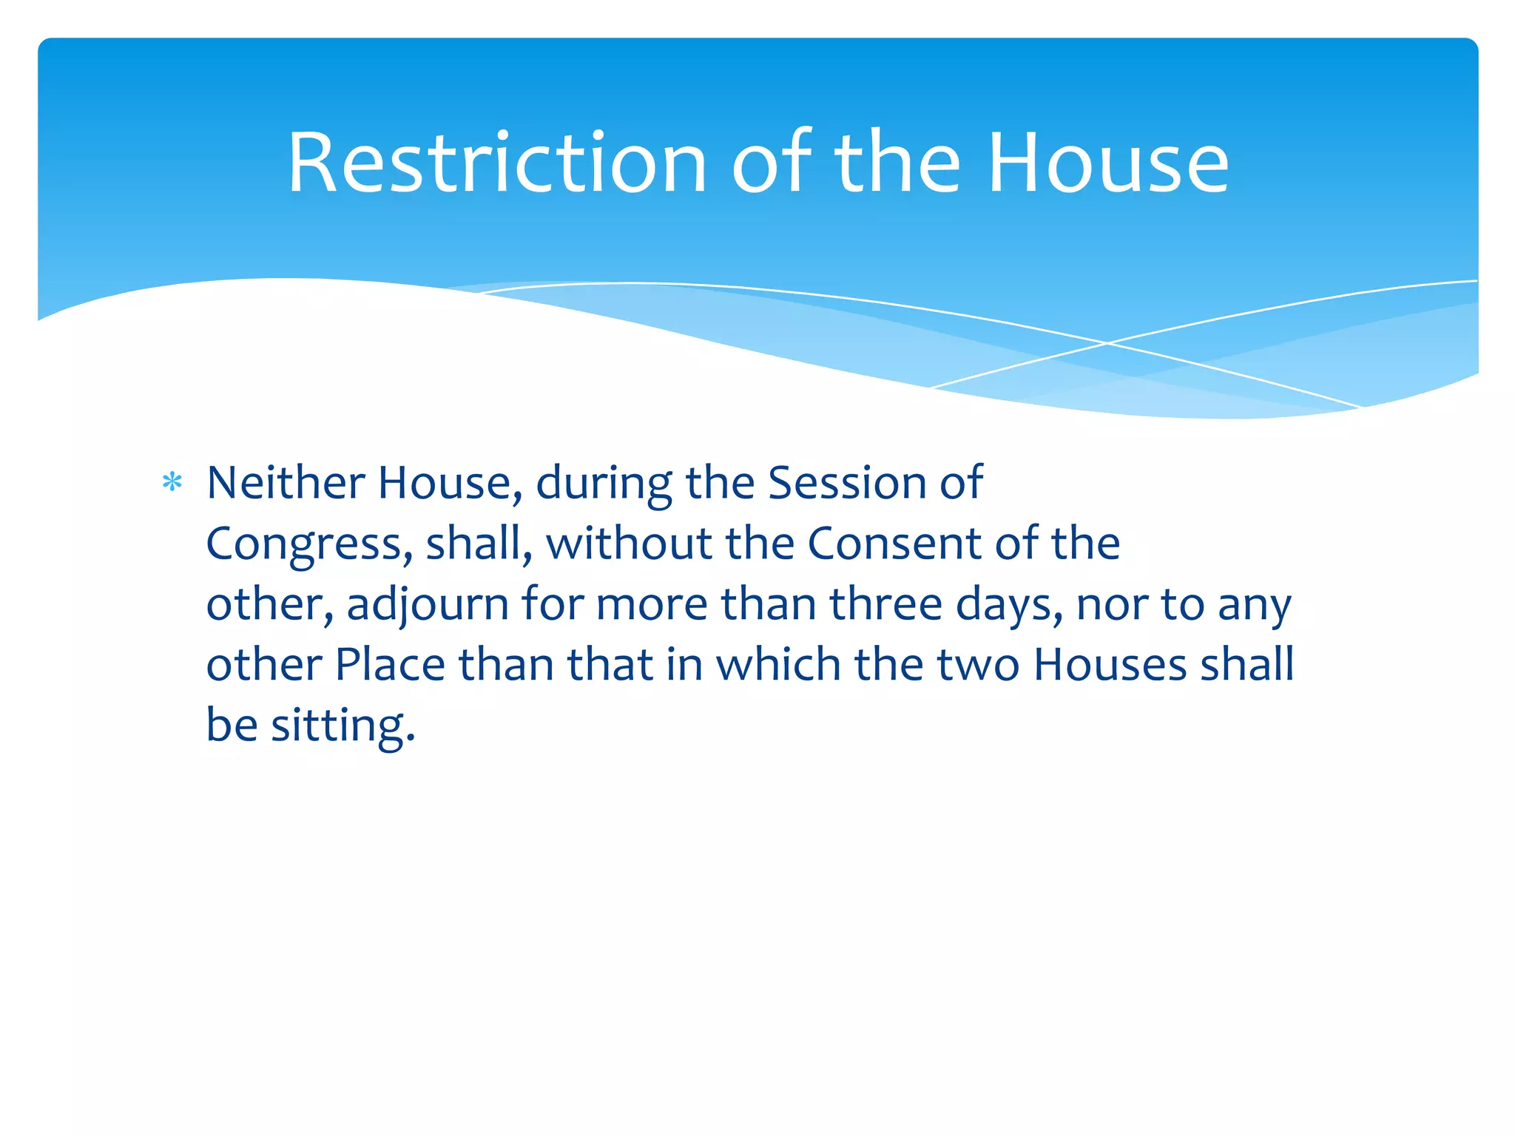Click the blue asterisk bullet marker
(x=172, y=483)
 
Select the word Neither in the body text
(x=286, y=483)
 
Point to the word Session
(x=848, y=483)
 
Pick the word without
(x=629, y=544)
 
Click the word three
(x=885, y=604)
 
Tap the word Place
(x=390, y=664)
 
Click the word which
(x=779, y=664)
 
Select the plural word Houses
(x=1110, y=664)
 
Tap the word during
(x=604, y=484)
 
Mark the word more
(x=652, y=604)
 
